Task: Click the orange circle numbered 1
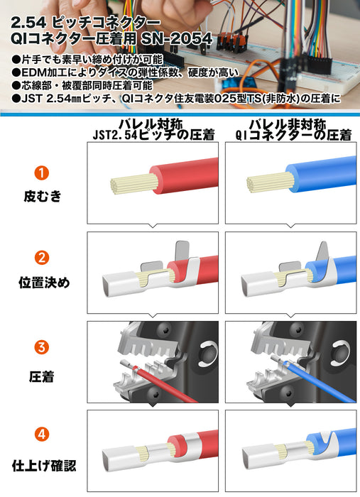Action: pos(41,173)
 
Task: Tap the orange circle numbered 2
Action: pos(41,258)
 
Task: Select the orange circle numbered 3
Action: pos(41,347)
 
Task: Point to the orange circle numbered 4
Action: pos(41,434)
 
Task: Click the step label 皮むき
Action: pos(42,196)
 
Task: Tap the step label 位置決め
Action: pos(44,283)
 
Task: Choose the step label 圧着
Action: pos(41,377)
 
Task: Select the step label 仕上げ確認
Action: pos(44,466)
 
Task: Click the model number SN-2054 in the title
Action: pos(177,39)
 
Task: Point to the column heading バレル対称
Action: pos(151,124)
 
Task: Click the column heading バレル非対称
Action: pos(288,124)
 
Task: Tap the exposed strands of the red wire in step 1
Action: pos(133,183)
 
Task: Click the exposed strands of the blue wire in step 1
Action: pos(270,183)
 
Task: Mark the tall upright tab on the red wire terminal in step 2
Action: pos(182,251)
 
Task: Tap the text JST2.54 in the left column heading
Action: pos(115,136)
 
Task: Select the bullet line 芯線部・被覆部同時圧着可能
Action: pos(82,86)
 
